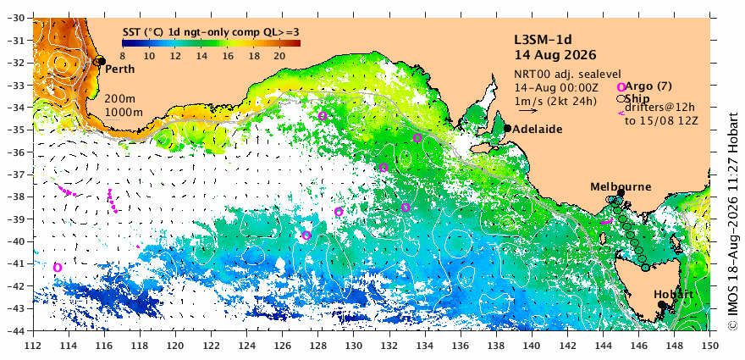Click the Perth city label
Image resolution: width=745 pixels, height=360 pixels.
[119, 69]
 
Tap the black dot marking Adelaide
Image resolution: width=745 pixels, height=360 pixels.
[507, 128]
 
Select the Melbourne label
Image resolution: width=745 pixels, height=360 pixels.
[621, 187]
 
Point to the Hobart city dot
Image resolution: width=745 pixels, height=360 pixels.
[661, 304]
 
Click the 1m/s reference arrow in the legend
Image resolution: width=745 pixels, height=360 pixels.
[528, 111]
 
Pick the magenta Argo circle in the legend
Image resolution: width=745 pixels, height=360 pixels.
[621, 87]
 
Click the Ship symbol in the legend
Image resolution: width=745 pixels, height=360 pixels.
[621, 99]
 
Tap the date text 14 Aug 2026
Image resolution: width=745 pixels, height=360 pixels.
[555, 55]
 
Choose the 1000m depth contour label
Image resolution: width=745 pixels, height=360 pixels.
[123, 113]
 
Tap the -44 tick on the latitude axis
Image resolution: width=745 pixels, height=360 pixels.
[19, 330]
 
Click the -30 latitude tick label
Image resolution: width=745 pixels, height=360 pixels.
[19, 18]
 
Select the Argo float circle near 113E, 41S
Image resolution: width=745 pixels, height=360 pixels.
[58, 268]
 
